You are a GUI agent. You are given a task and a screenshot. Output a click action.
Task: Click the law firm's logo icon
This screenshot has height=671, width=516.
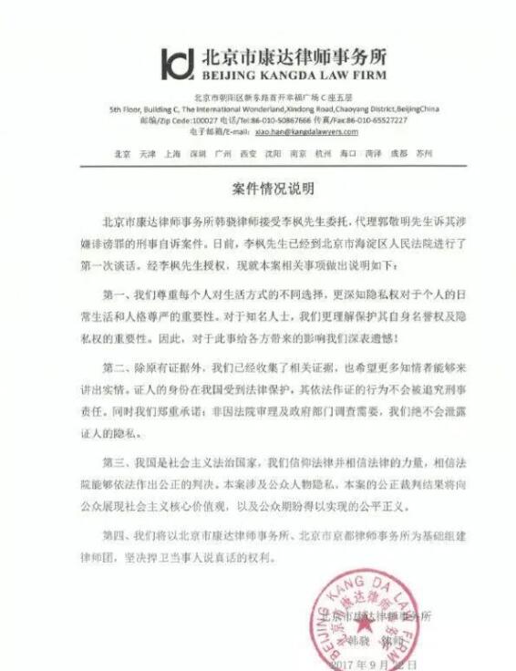[178, 63]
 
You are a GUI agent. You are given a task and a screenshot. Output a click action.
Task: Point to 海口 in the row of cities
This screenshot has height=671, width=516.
[347, 154]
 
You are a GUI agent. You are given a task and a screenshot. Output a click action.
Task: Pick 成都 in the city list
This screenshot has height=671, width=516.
[398, 154]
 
